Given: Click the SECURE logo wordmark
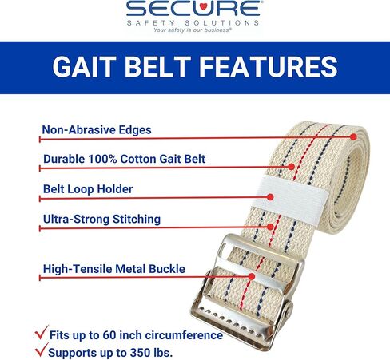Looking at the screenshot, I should coord(195,10).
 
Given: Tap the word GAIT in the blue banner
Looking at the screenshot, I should coord(86,66).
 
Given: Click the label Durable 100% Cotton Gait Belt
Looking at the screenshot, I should coord(124,159).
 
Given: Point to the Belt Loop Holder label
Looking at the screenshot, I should coord(88,190).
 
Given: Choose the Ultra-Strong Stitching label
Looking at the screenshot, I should coord(101,219).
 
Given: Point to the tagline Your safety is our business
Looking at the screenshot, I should coord(195,31).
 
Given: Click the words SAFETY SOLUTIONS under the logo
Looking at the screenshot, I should coord(195,23).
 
